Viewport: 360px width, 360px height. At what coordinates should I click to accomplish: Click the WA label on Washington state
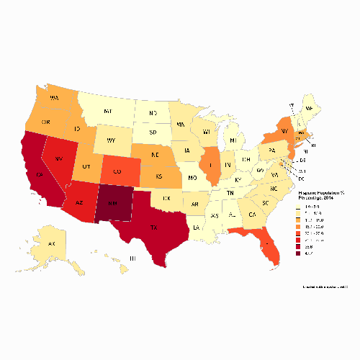pyautogui.click(x=54, y=96)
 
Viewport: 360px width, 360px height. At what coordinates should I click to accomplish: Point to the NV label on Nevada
pyautogui.click(x=59, y=157)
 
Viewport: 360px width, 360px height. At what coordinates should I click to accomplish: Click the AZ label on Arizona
pyautogui.click(x=81, y=203)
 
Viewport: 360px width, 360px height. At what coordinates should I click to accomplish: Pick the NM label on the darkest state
pyautogui.click(x=114, y=204)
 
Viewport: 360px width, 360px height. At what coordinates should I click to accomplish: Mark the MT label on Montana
pyautogui.click(x=107, y=112)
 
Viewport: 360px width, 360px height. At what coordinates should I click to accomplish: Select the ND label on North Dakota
pyautogui.click(x=153, y=114)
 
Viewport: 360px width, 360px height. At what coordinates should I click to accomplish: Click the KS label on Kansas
pyautogui.click(x=160, y=176)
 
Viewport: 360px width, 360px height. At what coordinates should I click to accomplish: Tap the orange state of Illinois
pyautogui.click(x=211, y=166)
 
